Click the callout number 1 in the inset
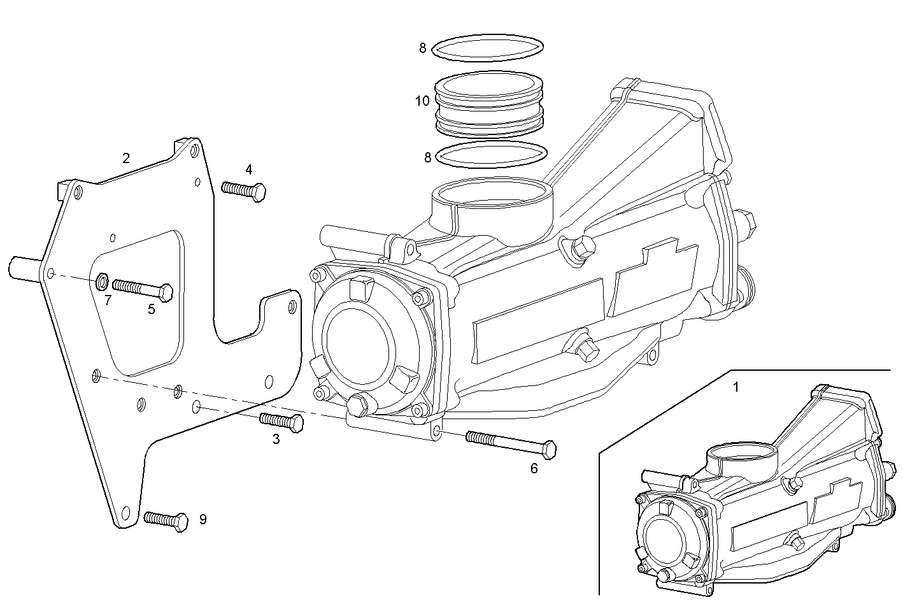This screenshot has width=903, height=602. tap(736, 387)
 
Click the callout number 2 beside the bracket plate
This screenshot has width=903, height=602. tap(126, 158)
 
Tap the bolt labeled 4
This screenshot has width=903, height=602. tap(244, 190)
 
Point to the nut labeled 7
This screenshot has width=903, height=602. tap(101, 281)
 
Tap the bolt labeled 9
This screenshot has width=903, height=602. tap(166, 520)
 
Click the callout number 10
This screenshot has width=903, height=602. tap(422, 101)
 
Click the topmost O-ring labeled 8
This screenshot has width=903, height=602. tap(488, 48)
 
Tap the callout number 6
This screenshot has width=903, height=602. tap(534, 468)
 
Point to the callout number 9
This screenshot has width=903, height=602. tap(203, 519)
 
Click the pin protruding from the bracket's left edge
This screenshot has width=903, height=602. tap(24, 267)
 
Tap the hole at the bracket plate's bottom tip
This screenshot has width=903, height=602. tap(125, 511)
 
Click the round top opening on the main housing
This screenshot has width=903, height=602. tap(490, 194)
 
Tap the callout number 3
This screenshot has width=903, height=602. tap(276, 439)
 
